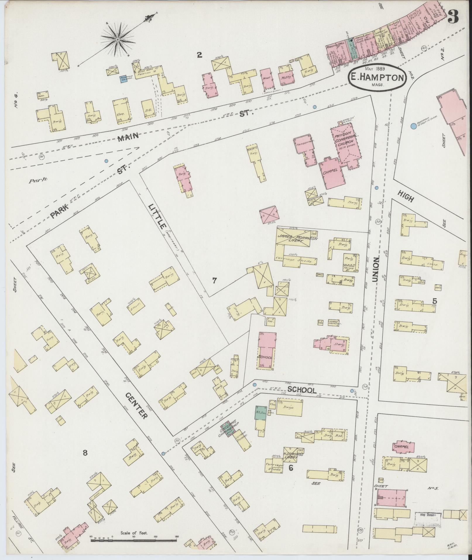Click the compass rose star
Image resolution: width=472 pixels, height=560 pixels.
coord(117,39)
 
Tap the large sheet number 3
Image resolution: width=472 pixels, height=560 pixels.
coord(453,18)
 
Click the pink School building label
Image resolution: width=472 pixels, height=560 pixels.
coord(265,357)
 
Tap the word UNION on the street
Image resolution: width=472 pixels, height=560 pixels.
coord(376,270)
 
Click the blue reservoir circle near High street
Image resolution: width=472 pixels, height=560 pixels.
coord(413,126)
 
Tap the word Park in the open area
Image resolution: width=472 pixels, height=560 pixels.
coord(38,181)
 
